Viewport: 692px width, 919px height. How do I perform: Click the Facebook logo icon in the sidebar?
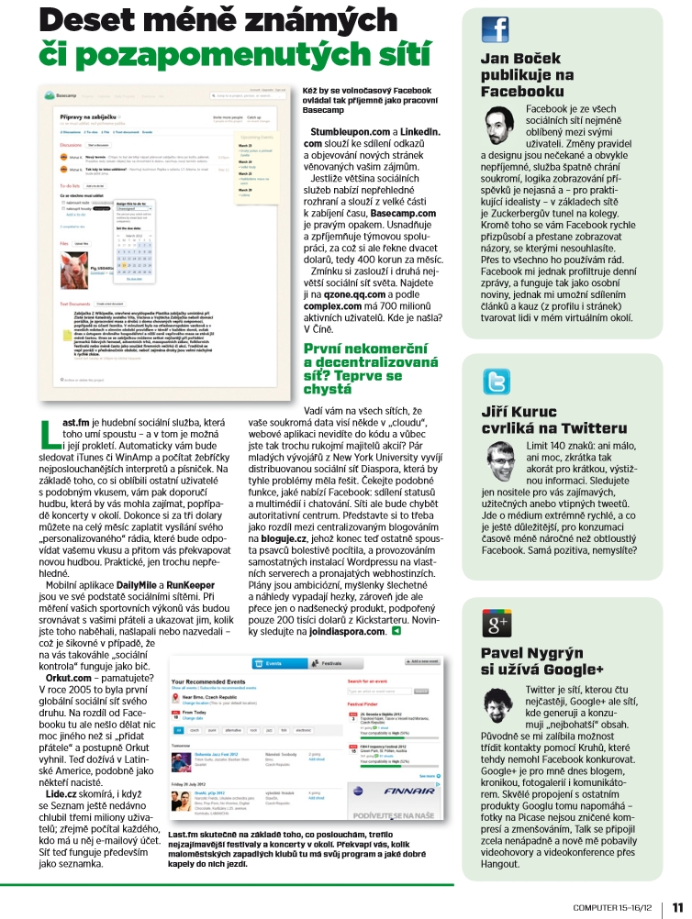[495, 29]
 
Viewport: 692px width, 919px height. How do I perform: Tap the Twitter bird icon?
[497, 382]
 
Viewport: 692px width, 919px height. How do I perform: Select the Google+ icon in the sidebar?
[497, 600]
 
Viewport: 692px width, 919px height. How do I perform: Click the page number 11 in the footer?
[676, 906]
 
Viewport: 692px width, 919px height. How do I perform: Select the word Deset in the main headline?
[92, 21]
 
